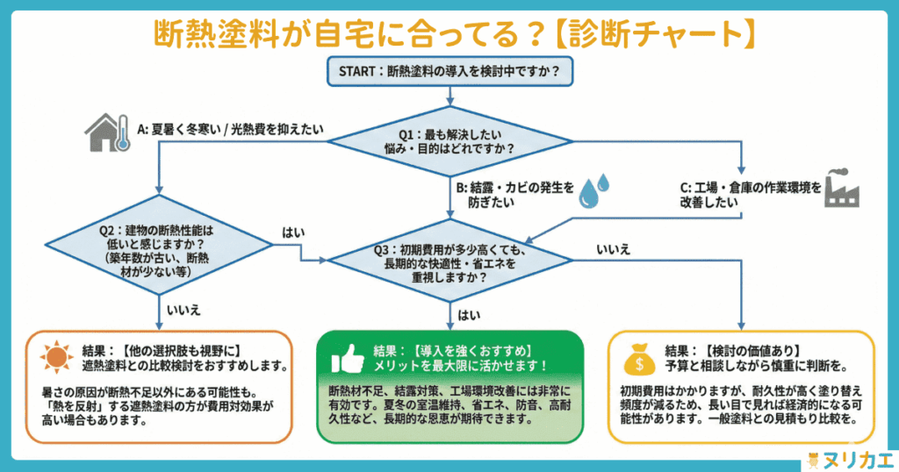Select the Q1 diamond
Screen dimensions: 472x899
click(449, 142)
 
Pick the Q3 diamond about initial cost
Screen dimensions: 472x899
click(449, 261)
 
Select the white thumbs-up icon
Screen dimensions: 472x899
click(348, 358)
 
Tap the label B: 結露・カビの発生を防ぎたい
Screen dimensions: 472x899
click(514, 195)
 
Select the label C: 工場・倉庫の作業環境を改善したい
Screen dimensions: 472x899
click(750, 194)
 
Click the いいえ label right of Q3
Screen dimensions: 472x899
click(613, 249)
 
